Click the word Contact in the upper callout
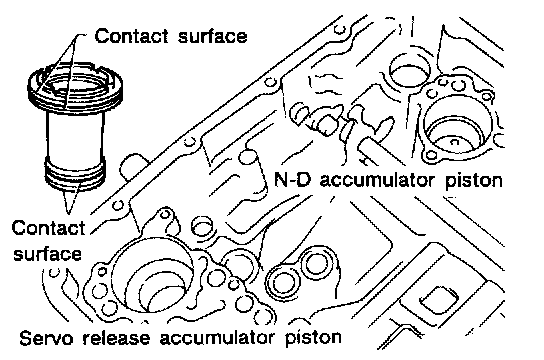(x=132, y=36)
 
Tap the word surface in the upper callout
(x=212, y=35)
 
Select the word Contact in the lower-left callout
(x=48, y=228)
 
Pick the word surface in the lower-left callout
(x=48, y=254)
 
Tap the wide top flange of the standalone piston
(x=75, y=86)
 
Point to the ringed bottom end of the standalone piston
(x=75, y=173)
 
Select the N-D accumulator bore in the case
(x=457, y=124)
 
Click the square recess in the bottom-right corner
(x=439, y=299)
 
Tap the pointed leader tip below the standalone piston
(x=69, y=211)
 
